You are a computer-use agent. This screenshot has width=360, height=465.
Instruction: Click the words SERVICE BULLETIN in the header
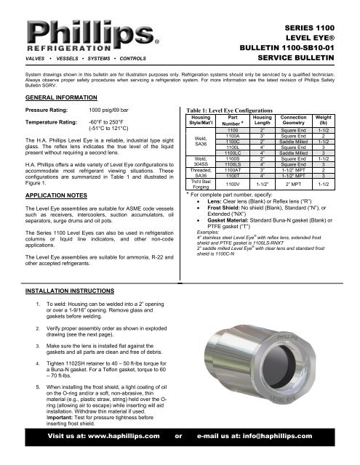click(x=314, y=57)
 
